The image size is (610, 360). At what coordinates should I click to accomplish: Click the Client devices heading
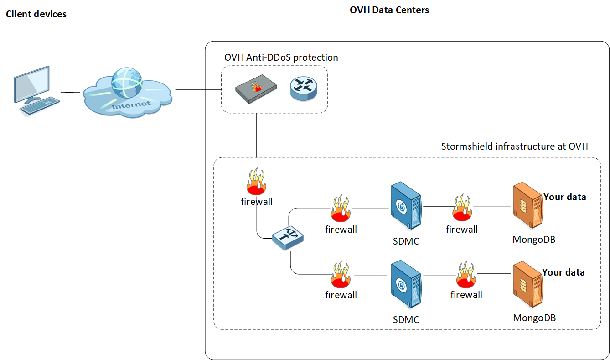(36, 14)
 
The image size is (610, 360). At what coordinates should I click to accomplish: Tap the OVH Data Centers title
(389, 10)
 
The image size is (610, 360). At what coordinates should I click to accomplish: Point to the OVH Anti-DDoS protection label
(281, 57)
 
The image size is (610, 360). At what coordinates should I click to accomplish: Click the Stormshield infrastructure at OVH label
(514, 146)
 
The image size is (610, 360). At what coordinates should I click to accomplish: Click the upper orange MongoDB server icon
(527, 206)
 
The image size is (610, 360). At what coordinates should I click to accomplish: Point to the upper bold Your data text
(564, 197)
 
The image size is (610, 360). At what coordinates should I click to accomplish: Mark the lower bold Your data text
(563, 272)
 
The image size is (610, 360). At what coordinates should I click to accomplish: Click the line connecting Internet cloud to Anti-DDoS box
(198, 89)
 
